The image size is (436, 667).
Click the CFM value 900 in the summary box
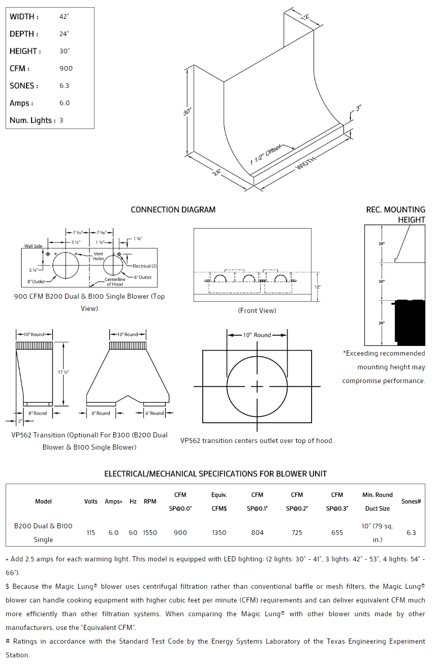coord(66,69)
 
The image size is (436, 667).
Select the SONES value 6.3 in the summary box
coord(65,86)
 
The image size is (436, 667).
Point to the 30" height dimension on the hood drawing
coord(187,111)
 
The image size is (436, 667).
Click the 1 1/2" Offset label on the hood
coord(265,154)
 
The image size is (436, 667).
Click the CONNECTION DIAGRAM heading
coord(173,210)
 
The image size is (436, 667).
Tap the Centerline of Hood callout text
coord(115,282)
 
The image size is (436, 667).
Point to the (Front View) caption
coord(257,310)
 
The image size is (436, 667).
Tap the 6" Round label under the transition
coord(154,413)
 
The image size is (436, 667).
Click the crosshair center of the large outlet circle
coord(257,387)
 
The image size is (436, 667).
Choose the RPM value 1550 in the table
coord(150,532)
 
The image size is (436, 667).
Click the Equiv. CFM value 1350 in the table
coord(219,532)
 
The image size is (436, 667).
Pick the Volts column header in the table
coord(91,501)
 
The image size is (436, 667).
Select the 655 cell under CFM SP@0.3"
coord(337,532)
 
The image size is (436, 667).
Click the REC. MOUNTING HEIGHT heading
coord(396,214)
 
